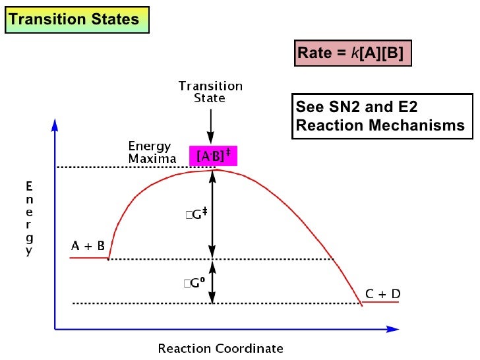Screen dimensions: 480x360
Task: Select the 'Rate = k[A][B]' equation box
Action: (353, 53)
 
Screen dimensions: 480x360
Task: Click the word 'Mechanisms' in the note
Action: (428, 125)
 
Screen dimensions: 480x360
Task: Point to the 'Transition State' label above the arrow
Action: (210, 92)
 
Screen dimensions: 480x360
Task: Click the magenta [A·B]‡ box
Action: (213, 156)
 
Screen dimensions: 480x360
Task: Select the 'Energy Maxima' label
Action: (152, 152)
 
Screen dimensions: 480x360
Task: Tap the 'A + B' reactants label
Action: (88, 246)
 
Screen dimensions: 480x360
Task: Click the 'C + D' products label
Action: (383, 294)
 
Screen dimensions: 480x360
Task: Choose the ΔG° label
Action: (196, 283)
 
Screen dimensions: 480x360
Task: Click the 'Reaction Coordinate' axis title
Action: (220, 348)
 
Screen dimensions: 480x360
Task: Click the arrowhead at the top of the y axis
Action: (55, 123)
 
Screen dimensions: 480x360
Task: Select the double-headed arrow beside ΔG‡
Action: (212, 214)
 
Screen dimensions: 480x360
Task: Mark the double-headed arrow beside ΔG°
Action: (212, 282)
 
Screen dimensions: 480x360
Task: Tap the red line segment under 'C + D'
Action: (381, 303)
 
